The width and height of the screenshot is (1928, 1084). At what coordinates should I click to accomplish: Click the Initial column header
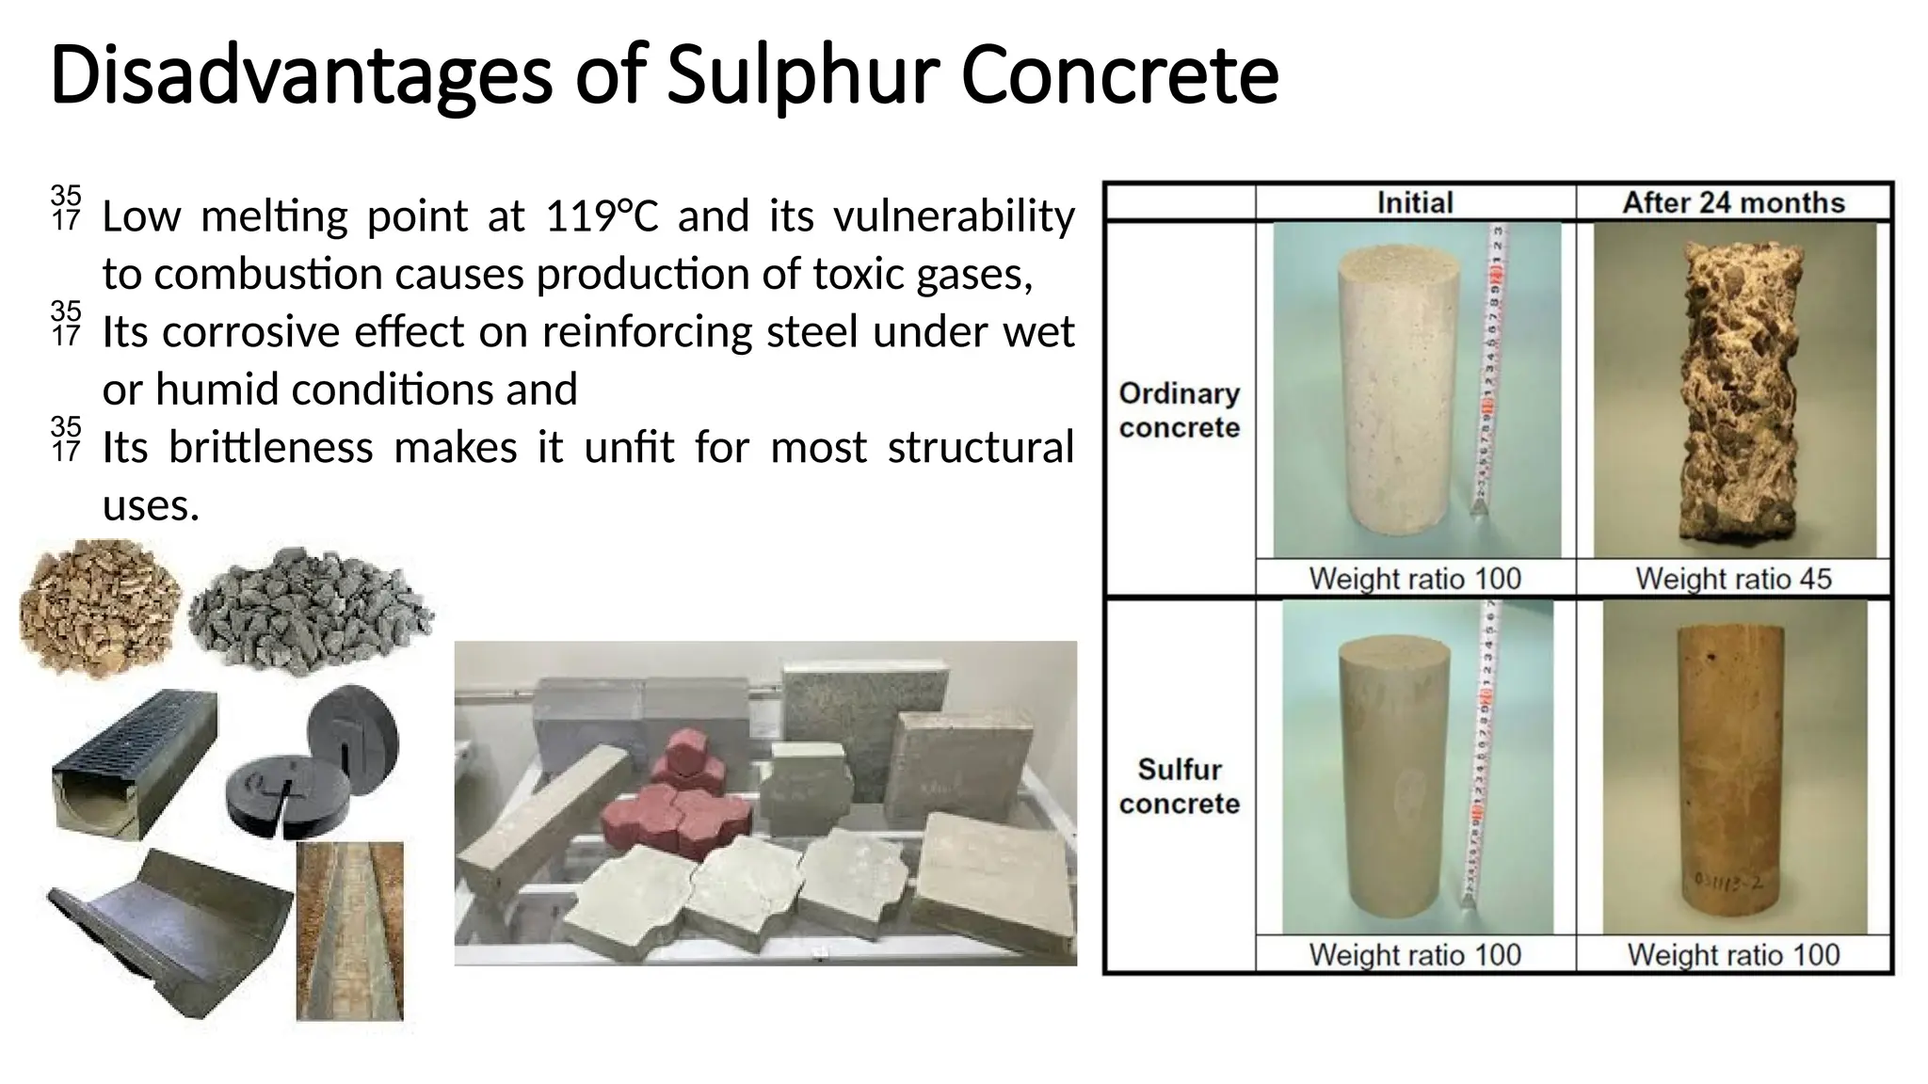pyautogui.click(x=1415, y=202)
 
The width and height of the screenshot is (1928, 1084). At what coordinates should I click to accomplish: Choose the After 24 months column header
pyautogui.click(x=1733, y=202)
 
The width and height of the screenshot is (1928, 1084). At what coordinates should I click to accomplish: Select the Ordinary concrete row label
pyautogui.click(x=1180, y=410)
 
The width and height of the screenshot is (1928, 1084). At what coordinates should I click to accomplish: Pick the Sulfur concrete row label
pyautogui.click(x=1180, y=787)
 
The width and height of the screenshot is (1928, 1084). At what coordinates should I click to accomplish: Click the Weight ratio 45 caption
pyautogui.click(x=1733, y=578)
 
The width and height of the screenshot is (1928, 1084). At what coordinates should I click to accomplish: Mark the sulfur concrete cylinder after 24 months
pyautogui.click(x=1734, y=767)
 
